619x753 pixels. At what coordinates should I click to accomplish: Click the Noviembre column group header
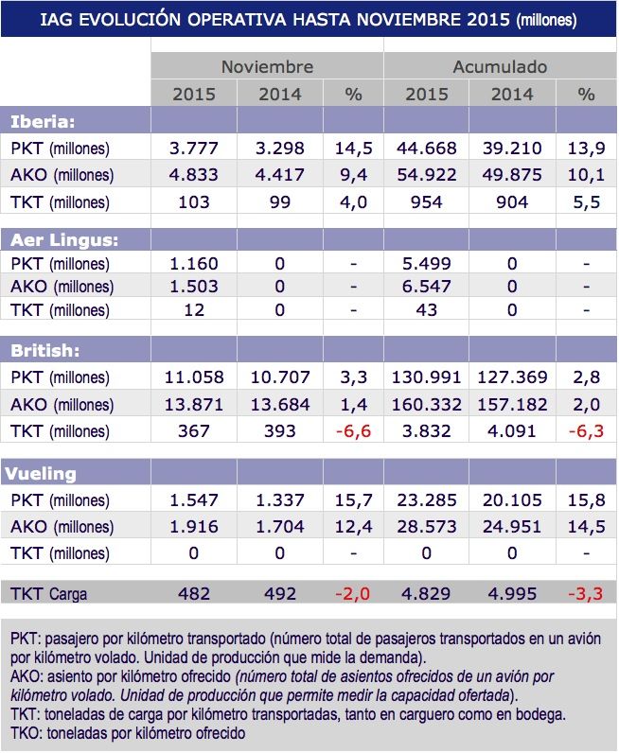(x=267, y=67)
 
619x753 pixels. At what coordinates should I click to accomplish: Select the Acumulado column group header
(x=500, y=67)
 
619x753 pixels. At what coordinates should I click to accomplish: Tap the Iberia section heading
(x=43, y=121)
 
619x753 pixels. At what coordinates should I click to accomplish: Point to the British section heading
(x=44, y=350)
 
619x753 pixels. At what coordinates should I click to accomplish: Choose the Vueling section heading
(x=44, y=472)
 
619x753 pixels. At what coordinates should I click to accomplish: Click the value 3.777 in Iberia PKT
(x=194, y=149)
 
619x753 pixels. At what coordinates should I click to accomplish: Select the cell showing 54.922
(x=426, y=175)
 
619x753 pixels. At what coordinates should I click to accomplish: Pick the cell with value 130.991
(x=426, y=376)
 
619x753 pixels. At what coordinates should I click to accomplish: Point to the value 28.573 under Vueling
(x=426, y=525)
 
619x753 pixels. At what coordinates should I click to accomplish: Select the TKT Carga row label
(x=49, y=594)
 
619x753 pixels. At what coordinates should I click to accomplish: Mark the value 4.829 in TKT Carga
(x=426, y=594)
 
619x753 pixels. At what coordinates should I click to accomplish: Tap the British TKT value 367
(x=194, y=429)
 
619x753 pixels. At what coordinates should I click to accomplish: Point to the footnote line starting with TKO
(x=128, y=733)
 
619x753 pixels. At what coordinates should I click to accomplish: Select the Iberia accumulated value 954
(x=426, y=201)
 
